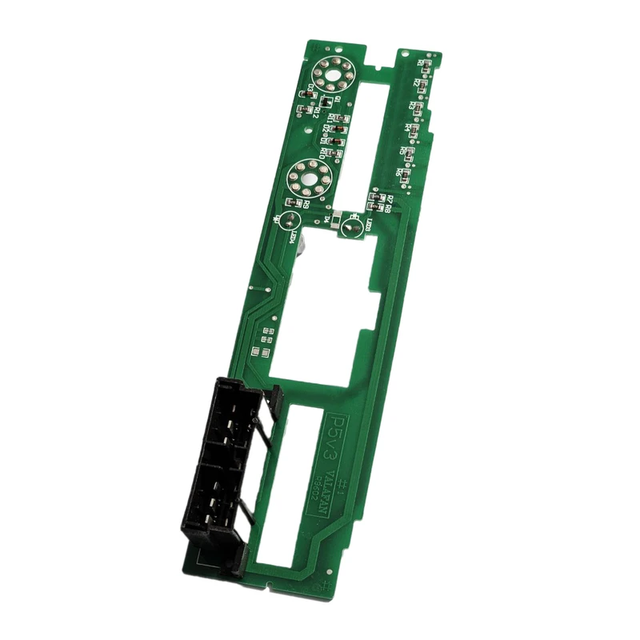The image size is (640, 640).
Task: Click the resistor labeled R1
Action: (426, 66)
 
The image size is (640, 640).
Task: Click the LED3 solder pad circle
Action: (349, 230)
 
